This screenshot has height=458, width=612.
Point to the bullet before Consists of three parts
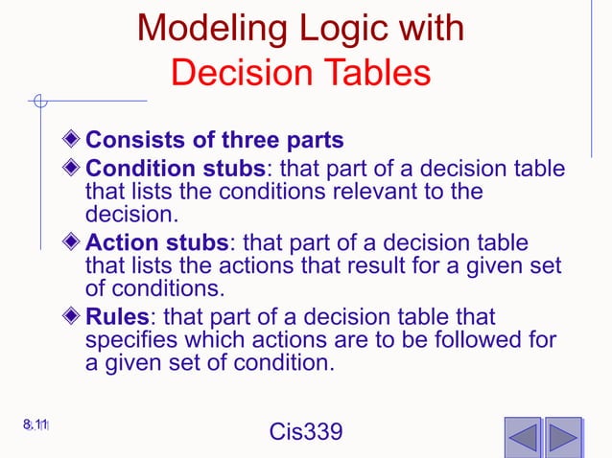click(x=75, y=140)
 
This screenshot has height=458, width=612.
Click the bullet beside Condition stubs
click(x=75, y=169)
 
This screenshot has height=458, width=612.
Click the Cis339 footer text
click(x=305, y=434)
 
